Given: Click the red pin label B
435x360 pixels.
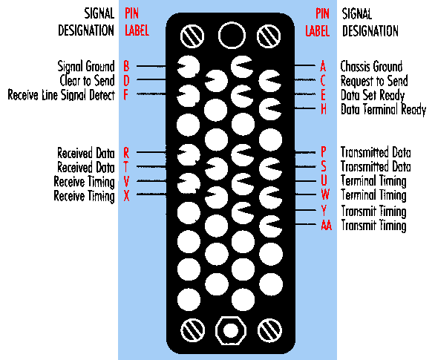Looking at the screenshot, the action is point(126,66).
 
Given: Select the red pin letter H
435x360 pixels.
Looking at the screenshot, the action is point(324,109).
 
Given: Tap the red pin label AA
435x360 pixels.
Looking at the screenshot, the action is point(327,225).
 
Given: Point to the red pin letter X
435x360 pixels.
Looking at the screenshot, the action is point(126,195).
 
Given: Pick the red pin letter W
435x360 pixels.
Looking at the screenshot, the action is point(325,194).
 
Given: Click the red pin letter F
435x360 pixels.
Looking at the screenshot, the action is point(126,95).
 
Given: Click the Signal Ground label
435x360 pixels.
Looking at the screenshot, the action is point(86,67).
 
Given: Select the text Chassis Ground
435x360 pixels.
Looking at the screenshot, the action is point(371,66).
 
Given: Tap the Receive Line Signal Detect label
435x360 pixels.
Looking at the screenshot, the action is point(61,95).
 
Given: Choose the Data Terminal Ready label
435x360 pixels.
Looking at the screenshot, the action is point(383,110).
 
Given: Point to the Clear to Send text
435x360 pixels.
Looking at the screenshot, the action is point(87,80).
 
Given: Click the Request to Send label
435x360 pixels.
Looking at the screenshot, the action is point(374,81).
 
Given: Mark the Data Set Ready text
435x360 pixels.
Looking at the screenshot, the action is point(373,95).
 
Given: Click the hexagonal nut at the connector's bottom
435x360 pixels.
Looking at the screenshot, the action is point(231,330).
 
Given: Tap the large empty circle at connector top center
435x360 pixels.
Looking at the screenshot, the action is point(232,36).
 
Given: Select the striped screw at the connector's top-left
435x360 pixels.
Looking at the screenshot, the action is point(192,36).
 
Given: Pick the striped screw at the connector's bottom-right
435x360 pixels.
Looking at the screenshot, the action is point(269,330).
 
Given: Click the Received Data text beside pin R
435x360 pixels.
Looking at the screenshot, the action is point(86,153).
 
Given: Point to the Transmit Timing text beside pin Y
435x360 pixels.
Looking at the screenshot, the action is point(373,212).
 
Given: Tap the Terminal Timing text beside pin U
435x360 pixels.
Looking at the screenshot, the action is point(373,181).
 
